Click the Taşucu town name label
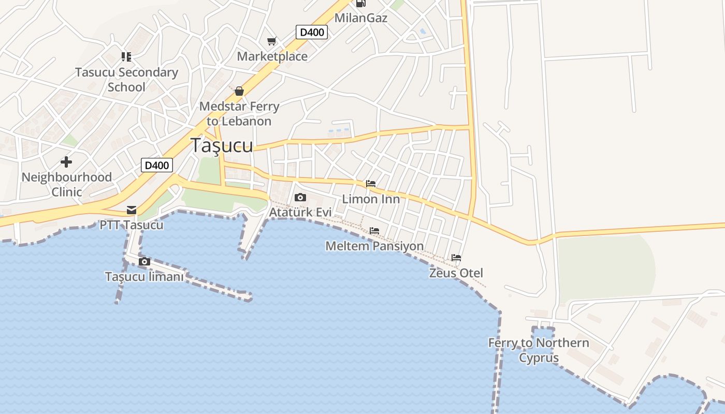pos(222,145)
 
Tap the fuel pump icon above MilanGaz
pos(361,3)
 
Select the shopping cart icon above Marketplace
pos(272,41)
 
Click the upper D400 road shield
pos(312,32)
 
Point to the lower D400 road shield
pos(157,166)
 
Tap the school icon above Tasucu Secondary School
pos(126,56)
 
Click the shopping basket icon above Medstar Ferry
pos(239,92)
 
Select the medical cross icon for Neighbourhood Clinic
pos(66,162)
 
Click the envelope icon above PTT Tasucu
pos(132,210)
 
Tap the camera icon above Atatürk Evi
pos(300,197)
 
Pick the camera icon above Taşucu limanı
pos(144,262)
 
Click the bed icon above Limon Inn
pos(371,184)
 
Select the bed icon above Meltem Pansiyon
pos(374,231)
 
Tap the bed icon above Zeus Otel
pos(456,258)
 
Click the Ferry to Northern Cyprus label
pos(539,350)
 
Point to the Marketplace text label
pos(272,56)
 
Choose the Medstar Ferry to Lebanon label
pos(239,114)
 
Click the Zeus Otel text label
pos(456,273)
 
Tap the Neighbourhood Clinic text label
pos(66,184)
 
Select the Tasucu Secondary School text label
pos(126,80)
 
